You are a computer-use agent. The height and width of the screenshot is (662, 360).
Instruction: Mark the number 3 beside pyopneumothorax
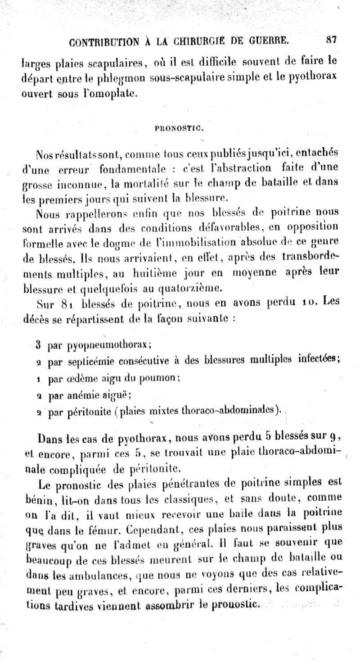pyautogui.click(x=39, y=346)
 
